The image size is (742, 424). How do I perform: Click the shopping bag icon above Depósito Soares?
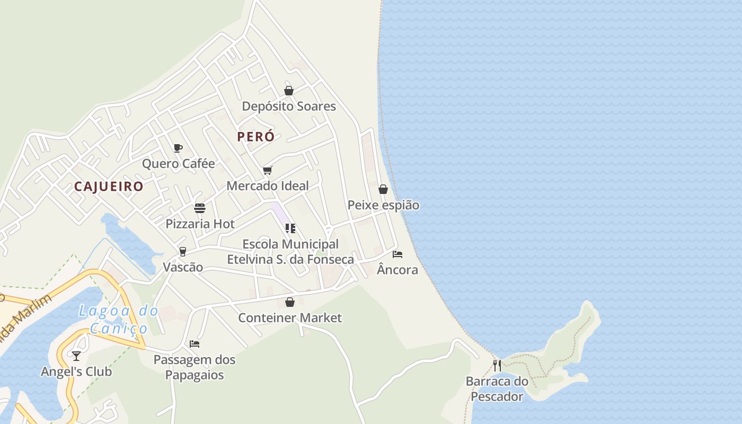click(289, 91)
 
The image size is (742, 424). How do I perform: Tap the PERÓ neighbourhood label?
click(256, 137)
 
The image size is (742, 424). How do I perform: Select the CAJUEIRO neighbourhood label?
click(109, 187)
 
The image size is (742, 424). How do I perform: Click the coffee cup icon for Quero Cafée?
click(178, 148)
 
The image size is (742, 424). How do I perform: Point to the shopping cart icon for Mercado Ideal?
click(268, 170)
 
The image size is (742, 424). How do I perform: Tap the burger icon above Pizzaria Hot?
click(200, 208)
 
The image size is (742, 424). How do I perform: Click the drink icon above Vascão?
click(183, 251)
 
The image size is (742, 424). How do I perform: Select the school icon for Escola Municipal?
click(290, 228)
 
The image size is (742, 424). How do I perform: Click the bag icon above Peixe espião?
click(383, 189)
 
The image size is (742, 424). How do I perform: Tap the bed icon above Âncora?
click(397, 254)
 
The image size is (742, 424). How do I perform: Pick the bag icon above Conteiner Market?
click(290, 302)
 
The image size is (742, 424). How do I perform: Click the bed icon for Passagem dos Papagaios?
click(195, 344)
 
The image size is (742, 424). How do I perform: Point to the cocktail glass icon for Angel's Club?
click(77, 356)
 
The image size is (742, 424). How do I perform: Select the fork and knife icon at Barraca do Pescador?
click(497, 365)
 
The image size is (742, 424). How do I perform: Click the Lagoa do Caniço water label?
click(118, 320)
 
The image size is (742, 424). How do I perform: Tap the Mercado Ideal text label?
click(268, 186)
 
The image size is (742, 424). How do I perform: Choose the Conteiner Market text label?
click(290, 318)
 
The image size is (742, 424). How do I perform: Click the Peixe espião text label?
click(383, 205)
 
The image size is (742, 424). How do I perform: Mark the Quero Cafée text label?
click(179, 164)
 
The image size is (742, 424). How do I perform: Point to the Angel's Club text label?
click(77, 372)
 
